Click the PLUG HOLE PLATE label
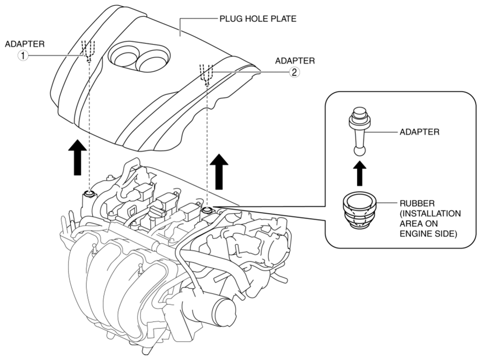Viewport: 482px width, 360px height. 258,19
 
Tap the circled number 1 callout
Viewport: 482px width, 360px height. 23,56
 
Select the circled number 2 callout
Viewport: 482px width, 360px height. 294,72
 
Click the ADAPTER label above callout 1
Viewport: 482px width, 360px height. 25,44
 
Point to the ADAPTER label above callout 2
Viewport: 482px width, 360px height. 295,61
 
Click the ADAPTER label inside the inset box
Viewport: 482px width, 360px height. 419,132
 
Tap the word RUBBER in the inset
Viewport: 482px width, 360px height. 417,204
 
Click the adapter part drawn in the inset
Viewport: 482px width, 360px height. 359,131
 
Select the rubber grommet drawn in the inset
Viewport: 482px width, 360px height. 360,210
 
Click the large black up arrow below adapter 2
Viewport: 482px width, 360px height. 219,171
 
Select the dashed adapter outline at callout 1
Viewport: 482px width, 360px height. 88,51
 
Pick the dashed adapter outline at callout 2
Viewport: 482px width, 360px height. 206,74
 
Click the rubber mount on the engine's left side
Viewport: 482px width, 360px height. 90,194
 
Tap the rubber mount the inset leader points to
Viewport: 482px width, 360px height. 207,211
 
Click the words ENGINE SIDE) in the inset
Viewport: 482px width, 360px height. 428,234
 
